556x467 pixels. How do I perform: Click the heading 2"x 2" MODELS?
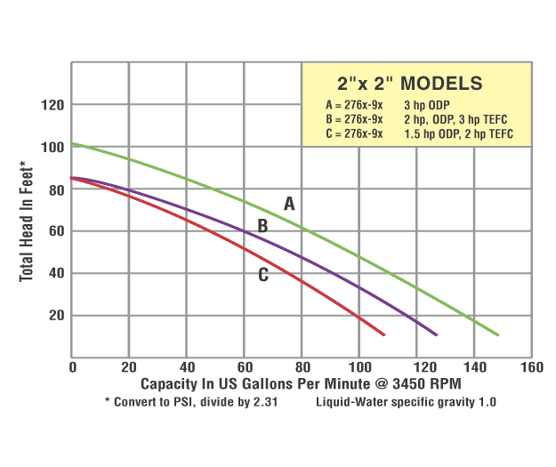(x=410, y=84)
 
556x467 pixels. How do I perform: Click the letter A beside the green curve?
(x=289, y=204)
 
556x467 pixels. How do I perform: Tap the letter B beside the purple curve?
(x=262, y=226)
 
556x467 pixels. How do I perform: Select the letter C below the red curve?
(x=263, y=275)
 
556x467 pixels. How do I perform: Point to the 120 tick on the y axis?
(x=54, y=105)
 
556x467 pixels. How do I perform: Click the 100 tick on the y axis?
(x=54, y=147)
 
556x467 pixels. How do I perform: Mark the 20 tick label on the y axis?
(x=58, y=315)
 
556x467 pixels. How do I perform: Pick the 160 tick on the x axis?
(x=531, y=366)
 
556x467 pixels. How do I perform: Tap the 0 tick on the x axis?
(x=72, y=366)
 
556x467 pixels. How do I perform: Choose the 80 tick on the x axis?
(x=302, y=366)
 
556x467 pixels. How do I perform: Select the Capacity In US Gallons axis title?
(x=301, y=383)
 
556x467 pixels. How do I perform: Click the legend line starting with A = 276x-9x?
(x=355, y=105)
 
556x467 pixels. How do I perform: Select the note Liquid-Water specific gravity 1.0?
(x=406, y=402)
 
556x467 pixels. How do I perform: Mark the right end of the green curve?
(x=498, y=335)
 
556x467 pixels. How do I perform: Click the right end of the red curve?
(x=383, y=334)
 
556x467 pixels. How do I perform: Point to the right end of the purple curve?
(x=436, y=334)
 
